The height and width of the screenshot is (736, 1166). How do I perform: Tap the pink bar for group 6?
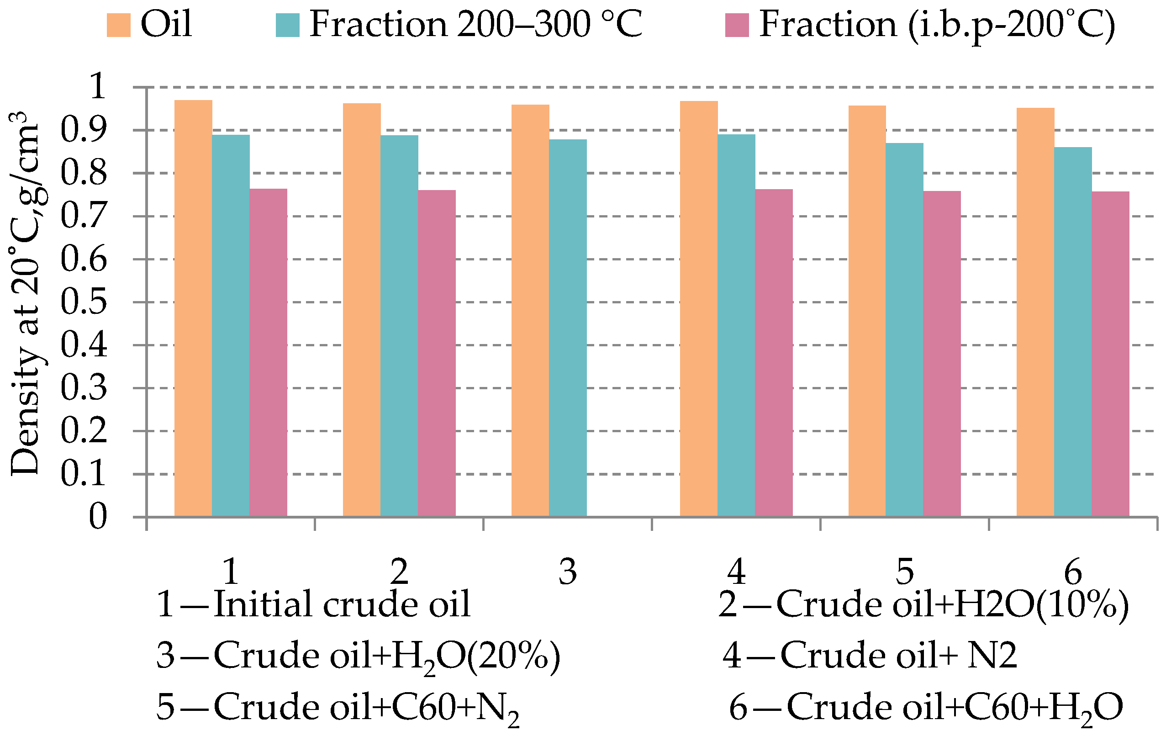coord(1110,354)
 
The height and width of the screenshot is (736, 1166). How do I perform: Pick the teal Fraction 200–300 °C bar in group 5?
coord(904,330)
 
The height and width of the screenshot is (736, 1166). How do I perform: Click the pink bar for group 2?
coord(437,353)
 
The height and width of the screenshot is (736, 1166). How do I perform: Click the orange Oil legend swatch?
coord(119,25)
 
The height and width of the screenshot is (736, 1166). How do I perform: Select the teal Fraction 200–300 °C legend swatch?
coord(288,25)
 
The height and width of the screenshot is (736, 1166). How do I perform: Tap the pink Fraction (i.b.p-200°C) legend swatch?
coord(737,25)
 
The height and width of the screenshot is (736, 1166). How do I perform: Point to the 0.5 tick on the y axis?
coord(84,302)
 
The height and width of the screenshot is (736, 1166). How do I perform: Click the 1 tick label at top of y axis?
coord(97,87)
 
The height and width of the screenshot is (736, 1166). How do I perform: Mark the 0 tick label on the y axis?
coord(97,517)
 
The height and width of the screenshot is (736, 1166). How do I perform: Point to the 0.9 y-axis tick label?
coord(84,130)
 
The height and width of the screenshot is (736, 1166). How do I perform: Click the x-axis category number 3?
coord(568,572)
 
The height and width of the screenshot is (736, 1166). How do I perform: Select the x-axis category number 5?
coord(904,572)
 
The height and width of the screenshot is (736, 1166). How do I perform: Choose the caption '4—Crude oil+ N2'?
coord(870,655)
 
